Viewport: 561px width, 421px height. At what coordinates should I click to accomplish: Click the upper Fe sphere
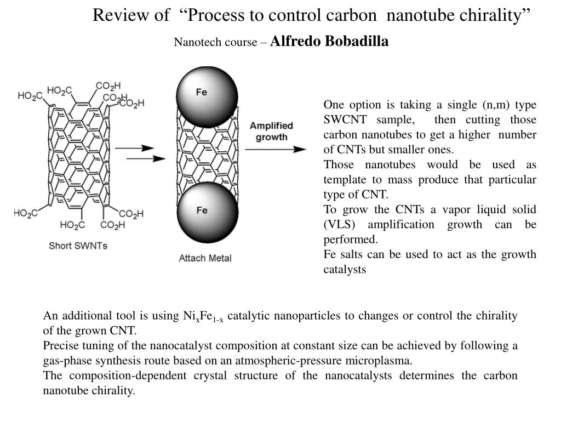click(206, 95)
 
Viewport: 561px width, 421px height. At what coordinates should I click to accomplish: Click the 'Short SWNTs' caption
click(78, 246)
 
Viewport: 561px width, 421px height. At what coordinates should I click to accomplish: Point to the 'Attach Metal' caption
click(205, 258)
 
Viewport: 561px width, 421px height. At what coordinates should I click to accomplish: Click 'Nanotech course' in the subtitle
click(214, 42)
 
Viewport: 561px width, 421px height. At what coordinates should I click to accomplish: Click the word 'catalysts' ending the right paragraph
click(345, 269)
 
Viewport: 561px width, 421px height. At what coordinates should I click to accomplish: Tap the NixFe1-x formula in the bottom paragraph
click(203, 316)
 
